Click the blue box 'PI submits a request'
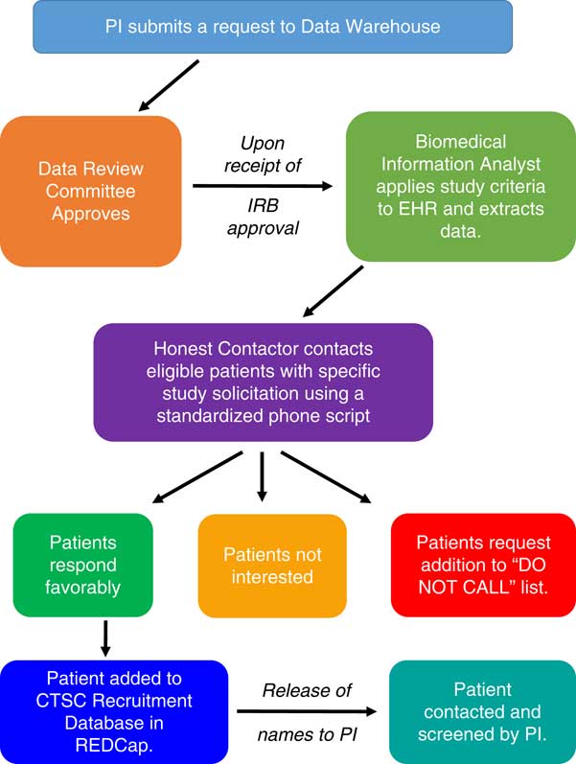coord(272,26)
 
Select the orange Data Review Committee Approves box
coord(92,190)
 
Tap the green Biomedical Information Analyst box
coord(447,186)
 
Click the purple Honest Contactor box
coord(263,382)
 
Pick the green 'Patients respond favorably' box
coord(82,566)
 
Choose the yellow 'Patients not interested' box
coord(272,566)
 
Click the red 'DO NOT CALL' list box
coord(482,566)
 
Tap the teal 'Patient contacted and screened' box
coord(482,712)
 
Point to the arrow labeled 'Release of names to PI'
coord(307,712)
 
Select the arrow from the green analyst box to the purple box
coord(334,290)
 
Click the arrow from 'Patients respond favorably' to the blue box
coord(104,636)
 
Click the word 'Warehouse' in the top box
coord(396,26)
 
